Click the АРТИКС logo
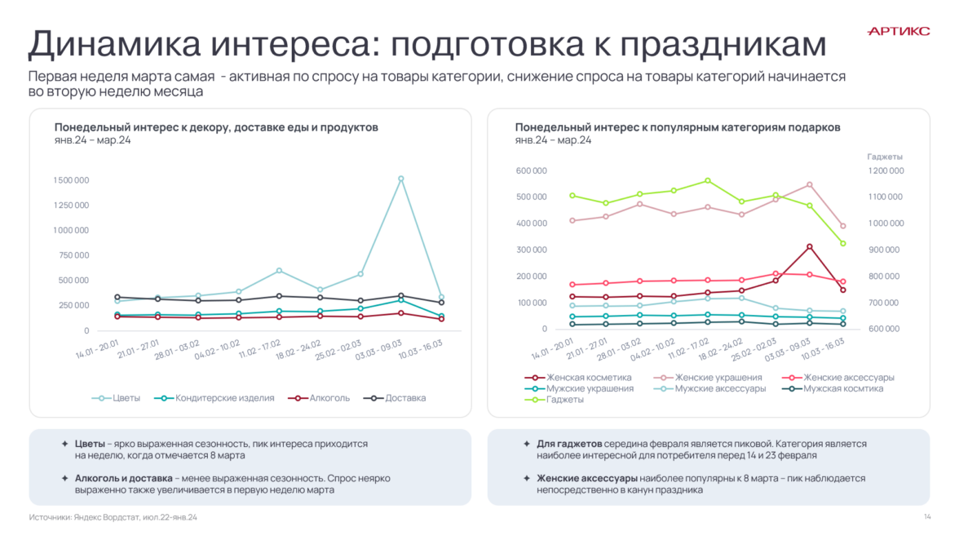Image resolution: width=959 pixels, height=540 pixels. [899, 31]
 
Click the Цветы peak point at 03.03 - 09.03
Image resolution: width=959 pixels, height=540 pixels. [400, 179]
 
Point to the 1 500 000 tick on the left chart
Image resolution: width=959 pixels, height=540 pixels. [72, 179]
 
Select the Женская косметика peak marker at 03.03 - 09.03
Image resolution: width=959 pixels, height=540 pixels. [809, 246]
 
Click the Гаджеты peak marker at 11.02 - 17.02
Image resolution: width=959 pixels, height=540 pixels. [707, 180]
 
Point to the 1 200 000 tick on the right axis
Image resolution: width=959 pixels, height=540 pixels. [885, 170]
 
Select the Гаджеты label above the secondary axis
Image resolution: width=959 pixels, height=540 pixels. [885, 157]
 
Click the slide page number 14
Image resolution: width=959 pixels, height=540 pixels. [927, 517]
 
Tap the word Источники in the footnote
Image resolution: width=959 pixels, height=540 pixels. [48, 517]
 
